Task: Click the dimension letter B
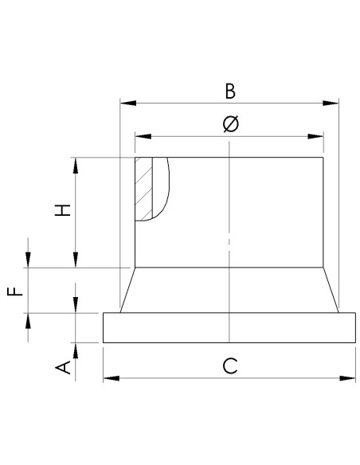coord(229,91)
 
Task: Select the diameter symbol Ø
coord(229,124)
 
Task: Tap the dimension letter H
coord(63,210)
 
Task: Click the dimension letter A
coord(63,366)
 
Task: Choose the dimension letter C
coord(229,365)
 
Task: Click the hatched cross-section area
coord(143,189)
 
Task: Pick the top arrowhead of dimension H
coord(76,163)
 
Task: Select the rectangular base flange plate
coord(229,327)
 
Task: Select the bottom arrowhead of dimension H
coord(76,262)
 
